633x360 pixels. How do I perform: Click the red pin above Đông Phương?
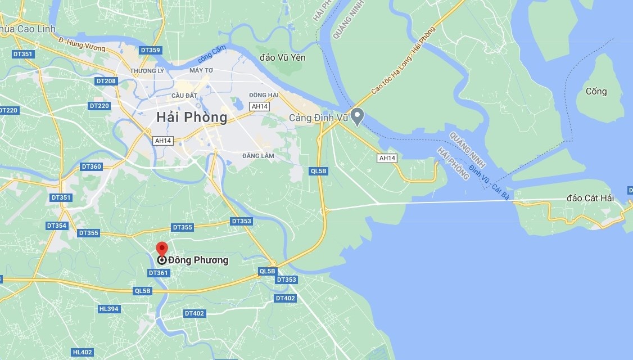tap(162, 249)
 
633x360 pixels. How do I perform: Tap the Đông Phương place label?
tap(198, 260)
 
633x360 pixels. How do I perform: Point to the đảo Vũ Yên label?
tap(283, 57)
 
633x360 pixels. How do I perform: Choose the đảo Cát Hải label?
tap(590, 198)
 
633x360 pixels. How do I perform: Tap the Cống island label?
tap(596, 91)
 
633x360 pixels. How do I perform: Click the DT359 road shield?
tap(151, 50)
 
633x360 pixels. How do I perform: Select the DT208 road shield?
tap(106, 81)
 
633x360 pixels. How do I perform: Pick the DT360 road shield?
tap(91, 166)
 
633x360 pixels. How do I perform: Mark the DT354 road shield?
tap(57, 226)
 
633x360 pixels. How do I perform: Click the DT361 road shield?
tap(159, 273)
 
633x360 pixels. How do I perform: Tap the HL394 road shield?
tap(108, 309)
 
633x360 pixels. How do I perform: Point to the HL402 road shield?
tap(82, 352)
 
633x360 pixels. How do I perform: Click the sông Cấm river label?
tap(212, 55)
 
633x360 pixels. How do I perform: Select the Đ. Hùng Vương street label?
tap(82, 44)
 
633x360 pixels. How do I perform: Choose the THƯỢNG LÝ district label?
tap(147, 71)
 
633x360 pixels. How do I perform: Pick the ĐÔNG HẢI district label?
tap(264, 95)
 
